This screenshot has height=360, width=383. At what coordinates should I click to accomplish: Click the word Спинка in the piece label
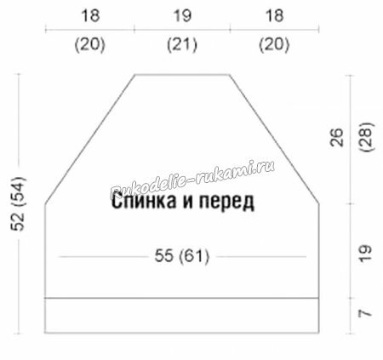pyautogui.click(x=144, y=201)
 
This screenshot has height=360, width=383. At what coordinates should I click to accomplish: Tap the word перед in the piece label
pyautogui.click(x=226, y=203)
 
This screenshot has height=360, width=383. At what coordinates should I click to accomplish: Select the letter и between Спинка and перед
pyautogui.click(x=187, y=203)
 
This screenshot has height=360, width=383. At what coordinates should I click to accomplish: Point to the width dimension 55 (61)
pyautogui.click(x=182, y=256)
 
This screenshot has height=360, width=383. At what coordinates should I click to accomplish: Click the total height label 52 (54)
pyautogui.click(x=18, y=203)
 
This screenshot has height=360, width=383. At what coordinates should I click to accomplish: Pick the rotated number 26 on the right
pyautogui.click(x=337, y=137)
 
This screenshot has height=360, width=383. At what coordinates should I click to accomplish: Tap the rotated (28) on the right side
pyautogui.click(x=367, y=137)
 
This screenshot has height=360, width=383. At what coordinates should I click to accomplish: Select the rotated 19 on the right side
pyautogui.click(x=365, y=253)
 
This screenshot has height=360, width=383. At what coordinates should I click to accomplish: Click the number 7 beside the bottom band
pyautogui.click(x=365, y=313)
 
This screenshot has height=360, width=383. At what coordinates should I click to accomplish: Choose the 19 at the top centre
pyautogui.click(x=182, y=15)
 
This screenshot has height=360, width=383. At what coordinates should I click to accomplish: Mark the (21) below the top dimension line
pyautogui.click(x=182, y=45)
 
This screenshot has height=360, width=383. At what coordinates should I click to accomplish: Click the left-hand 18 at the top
pyautogui.click(x=90, y=15)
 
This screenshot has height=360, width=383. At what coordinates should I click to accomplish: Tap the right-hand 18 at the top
pyautogui.click(x=274, y=15)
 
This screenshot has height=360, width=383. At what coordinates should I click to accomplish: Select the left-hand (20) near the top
pyautogui.click(x=90, y=45)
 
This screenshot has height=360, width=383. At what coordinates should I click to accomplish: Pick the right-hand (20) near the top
pyautogui.click(x=274, y=45)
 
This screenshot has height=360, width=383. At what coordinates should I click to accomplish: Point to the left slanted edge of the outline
pyautogui.click(x=89, y=139)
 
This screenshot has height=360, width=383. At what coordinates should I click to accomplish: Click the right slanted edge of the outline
pyautogui.click(x=274, y=139)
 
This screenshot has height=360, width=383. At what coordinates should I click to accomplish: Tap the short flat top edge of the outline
pyautogui.click(x=182, y=75)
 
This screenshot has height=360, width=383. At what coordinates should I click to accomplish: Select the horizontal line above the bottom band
pyautogui.click(x=182, y=298)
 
